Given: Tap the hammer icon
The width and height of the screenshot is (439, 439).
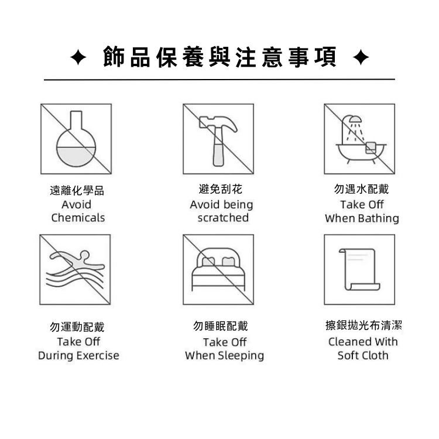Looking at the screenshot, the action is click(x=218, y=140).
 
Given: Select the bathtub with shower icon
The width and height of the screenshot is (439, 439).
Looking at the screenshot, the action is click(x=361, y=139).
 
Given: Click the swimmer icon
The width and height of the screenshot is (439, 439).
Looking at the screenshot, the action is click(x=76, y=269).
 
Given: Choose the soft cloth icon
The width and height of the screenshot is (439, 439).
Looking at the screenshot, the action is click(x=359, y=269).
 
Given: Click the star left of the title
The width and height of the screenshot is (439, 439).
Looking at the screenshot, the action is click(x=78, y=57).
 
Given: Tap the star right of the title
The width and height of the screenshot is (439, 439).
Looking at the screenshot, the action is click(x=361, y=57).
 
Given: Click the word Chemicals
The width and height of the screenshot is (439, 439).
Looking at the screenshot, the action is click(x=78, y=218).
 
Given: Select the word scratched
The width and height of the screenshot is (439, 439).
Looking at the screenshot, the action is click(x=223, y=218).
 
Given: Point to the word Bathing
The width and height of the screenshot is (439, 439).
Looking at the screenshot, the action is click(x=379, y=218).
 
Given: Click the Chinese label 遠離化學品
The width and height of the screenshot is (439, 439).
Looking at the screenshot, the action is click(x=77, y=191).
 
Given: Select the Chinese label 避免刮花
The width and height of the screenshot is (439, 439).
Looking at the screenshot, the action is click(x=220, y=189).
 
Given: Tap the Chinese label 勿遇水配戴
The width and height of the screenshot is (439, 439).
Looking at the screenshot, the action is click(x=362, y=189).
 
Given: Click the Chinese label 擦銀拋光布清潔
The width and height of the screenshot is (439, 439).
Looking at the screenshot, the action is click(x=363, y=325).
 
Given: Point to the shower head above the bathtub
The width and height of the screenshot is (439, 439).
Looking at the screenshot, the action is click(x=355, y=119).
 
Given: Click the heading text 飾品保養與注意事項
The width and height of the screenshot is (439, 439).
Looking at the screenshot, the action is click(x=220, y=57).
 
